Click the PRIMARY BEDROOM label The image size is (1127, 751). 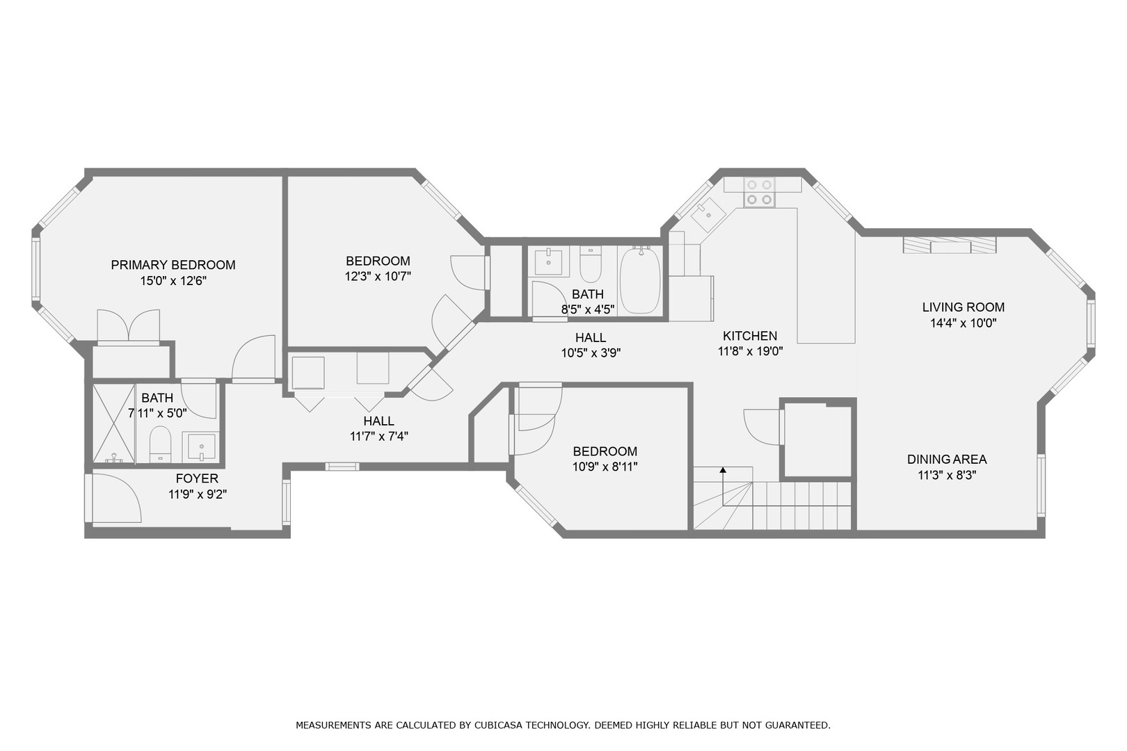[x=173, y=265]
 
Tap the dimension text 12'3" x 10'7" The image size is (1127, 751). [x=378, y=276]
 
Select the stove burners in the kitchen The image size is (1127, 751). [x=758, y=193]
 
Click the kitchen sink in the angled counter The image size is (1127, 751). [x=708, y=213]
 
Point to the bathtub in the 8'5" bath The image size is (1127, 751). [x=640, y=281]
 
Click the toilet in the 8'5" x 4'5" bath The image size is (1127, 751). [x=590, y=263]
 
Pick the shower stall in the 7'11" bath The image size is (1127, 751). [x=113, y=423]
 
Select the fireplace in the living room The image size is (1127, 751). [x=950, y=245]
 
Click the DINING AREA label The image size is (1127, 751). [x=946, y=460]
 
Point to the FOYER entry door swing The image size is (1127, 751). [x=115, y=497]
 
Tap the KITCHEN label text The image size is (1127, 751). [x=749, y=336]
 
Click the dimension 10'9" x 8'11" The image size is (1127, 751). [x=605, y=467]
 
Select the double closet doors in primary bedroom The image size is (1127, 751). [x=129, y=326]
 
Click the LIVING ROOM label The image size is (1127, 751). [x=963, y=307]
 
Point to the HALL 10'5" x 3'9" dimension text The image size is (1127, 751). [x=591, y=353]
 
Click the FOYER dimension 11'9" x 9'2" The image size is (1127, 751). [x=198, y=495]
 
